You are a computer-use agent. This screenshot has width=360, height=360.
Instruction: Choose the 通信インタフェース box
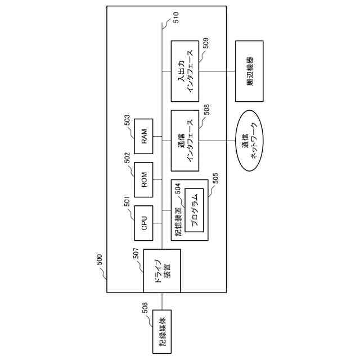[185, 140]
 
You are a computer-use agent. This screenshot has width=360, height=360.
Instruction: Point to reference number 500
[100, 259]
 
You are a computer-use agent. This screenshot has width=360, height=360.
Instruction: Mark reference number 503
[127, 119]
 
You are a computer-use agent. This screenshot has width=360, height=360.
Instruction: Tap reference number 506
[145, 307]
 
